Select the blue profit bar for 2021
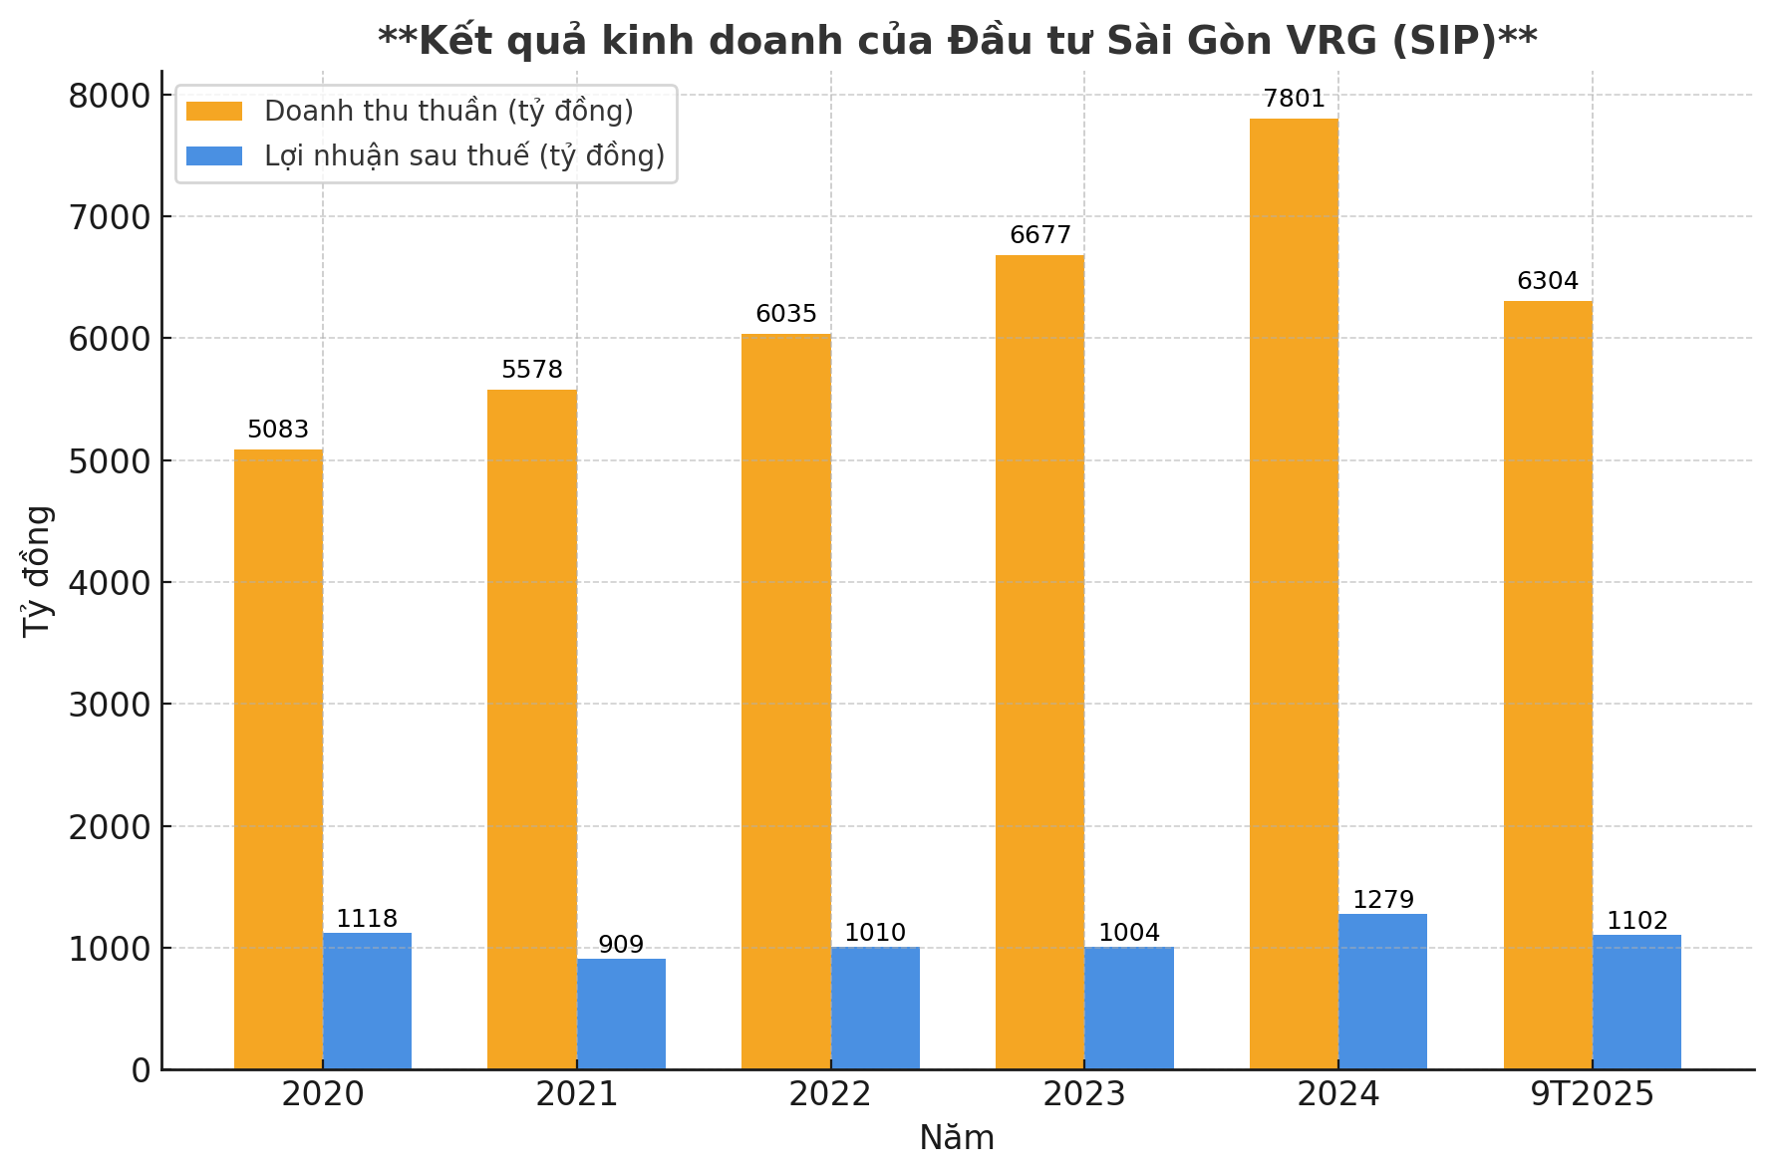click(621, 1014)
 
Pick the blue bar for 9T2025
click(1636, 1002)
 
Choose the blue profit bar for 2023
click(1129, 1008)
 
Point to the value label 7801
click(1294, 99)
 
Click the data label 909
click(621, 945)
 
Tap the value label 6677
click(1039, 235)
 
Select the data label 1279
click(1382, 900)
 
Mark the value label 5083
click(278, 430)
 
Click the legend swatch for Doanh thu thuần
click(214, 111)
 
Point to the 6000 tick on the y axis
click(109, 339)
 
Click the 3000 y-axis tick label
click(109, 705)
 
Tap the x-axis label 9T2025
click(1592, 1094)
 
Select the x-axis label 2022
click(830, 1094)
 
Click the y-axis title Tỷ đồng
click(37, 571)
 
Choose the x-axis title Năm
click(957, 1138)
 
